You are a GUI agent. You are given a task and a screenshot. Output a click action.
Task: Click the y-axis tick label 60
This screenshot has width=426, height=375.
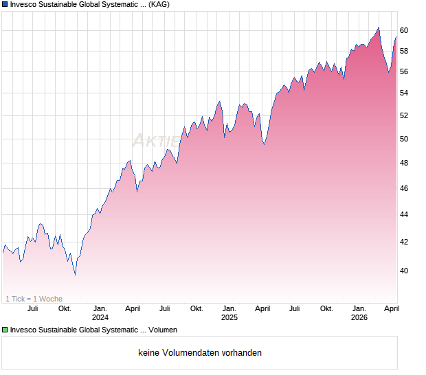(x=405, y=30)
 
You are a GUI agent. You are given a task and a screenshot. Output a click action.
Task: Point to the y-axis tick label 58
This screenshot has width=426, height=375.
(x=405, y=51)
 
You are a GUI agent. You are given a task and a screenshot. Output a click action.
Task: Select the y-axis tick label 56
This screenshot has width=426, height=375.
(x=405, y=71)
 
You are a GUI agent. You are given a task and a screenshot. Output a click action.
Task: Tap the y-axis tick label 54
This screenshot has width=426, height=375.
(x=405, y=93)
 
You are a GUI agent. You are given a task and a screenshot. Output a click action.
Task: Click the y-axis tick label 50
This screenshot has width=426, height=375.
(x=405, y=139)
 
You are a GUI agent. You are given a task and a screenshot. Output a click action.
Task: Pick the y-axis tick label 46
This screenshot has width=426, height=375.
(x=405, y=188)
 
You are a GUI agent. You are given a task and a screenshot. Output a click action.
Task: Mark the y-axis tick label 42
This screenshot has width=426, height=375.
(x=405, y=242)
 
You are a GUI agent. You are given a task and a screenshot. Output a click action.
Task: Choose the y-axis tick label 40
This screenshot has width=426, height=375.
(x=405, y=271)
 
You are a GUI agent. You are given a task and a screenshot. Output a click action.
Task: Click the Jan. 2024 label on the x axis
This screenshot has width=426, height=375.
(x=100, y=313)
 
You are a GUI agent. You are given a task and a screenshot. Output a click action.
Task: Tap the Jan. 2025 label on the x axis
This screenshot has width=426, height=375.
(x=229, y=313)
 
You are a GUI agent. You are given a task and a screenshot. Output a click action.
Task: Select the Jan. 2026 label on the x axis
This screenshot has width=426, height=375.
(x=359, y=313)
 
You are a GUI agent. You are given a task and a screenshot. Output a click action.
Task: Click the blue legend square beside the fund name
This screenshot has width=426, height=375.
(x=5, y=5)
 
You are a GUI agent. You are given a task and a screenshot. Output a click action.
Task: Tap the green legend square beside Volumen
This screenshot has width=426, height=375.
(x=5, y=330)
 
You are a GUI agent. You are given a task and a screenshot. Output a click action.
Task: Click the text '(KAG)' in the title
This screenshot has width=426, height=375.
(x=158, y=5)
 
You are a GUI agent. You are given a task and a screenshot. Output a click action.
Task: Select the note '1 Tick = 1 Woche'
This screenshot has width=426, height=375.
(x=34, y=299)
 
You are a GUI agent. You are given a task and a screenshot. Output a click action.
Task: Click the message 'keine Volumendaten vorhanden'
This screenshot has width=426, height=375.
(x=200, y=353)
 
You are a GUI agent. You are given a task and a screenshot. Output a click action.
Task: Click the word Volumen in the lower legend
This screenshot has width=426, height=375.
(x=163, y=330)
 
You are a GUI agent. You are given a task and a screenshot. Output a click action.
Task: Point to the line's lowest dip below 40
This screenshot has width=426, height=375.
(x=75, y=274)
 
